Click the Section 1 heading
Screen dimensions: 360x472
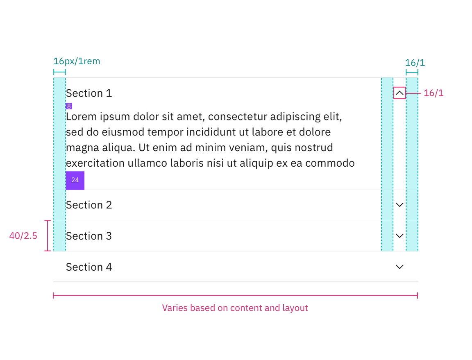[89, 93]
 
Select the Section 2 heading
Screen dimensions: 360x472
[89, 205]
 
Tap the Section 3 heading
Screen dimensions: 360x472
[89, 236]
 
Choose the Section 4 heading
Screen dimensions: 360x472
[89, 267]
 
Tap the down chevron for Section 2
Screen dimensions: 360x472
[399, 205]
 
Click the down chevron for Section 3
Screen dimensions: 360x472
[399, 236]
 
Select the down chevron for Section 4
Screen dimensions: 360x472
[399, 267]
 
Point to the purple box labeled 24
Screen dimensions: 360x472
[75, 180]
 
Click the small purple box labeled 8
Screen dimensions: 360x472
[69, 106]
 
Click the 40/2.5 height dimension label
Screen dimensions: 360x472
[24, 236]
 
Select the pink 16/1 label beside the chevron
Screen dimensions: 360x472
[434, 93]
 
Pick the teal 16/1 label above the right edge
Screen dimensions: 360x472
[415, 63]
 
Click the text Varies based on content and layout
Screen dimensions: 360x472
[235, 308]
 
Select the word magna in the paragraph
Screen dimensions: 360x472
[79, 148]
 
